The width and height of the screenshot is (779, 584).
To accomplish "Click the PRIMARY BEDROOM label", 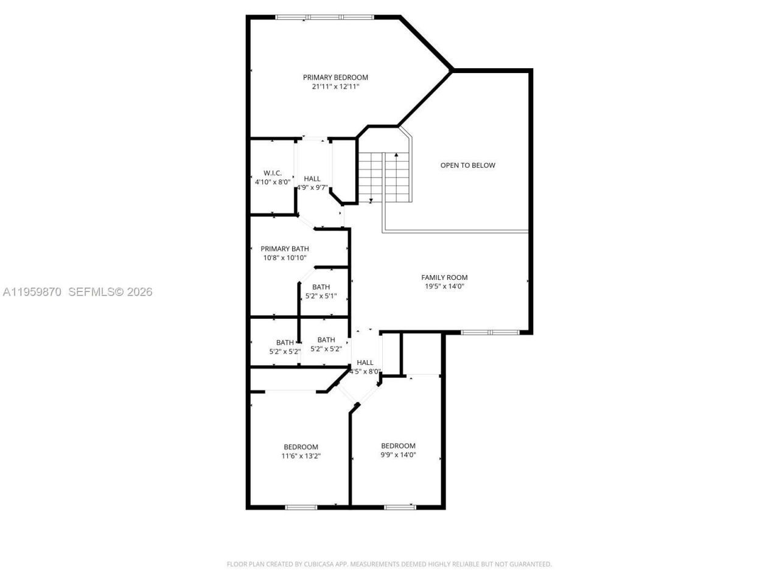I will (x=335, y=77).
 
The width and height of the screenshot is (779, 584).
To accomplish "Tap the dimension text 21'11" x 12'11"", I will (x=335, y=87).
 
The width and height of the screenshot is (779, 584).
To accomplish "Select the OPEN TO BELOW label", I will (x=467, y=165).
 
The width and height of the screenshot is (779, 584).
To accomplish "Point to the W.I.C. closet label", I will (x=272, y=173).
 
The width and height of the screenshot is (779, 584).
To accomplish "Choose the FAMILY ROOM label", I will (x=444, y=277).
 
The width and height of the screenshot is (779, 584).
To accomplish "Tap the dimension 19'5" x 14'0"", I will (x=444, y=287).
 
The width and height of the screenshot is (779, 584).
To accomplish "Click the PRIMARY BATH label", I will (x=284, y=249).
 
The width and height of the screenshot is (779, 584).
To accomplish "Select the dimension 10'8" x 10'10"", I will (x=284, y=258).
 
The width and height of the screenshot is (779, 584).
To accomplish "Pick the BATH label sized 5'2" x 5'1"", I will (x=321, y=287).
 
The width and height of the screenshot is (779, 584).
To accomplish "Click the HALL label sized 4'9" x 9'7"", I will (x=312, y=178).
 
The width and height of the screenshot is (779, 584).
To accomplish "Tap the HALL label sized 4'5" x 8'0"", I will (x=365, y=363).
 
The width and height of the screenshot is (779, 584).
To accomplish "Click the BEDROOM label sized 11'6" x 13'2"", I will (x=301, y=447).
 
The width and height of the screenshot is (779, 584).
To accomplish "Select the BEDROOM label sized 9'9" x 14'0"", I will (x=398, y=446).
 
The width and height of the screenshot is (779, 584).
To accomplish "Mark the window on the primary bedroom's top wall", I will (x=324, y=17).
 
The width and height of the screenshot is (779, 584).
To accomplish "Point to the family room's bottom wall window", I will (x=490, y=332).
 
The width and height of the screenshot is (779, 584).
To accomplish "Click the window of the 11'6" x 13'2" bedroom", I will (x=301, y=507).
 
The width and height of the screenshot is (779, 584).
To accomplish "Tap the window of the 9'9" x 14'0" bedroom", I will (x=399, y=507).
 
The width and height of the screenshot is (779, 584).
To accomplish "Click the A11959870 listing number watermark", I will (x=32, y=292).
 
